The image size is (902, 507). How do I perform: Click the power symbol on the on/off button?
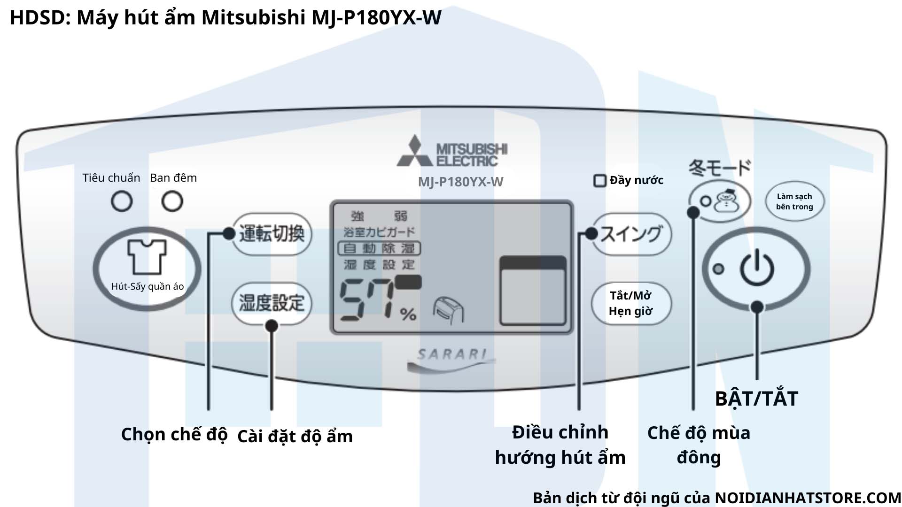756,268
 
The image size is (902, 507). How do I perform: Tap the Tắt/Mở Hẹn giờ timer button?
630,303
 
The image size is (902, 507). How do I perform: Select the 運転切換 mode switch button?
272,234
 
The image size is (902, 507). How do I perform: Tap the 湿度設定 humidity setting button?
272,303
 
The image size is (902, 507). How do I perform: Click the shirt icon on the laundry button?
147,256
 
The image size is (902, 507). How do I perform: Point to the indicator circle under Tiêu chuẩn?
122,201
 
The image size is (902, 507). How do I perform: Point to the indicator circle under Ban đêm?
172,201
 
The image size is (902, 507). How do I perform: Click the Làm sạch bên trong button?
794,201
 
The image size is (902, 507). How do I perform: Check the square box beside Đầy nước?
599,181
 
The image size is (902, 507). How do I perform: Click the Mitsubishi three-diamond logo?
414,151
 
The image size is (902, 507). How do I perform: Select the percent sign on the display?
408,314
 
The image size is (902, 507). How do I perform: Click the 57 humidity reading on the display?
366,300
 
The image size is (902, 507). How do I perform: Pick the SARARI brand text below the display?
451,354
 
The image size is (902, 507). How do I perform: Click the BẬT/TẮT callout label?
756,399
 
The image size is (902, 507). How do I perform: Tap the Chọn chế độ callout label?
174,434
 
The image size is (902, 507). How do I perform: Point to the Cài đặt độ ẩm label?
295,436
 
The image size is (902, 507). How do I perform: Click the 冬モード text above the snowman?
720,168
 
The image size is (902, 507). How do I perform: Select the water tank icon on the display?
532,291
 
